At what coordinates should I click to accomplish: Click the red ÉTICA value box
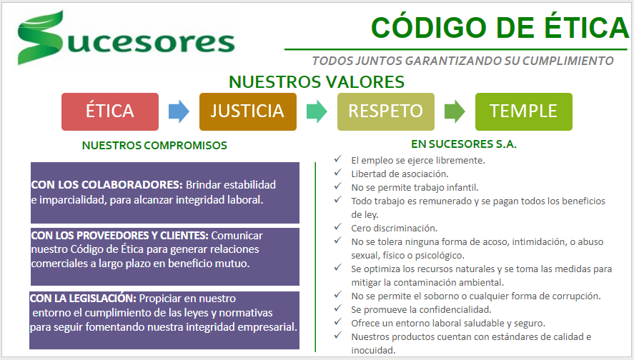click(110, 111)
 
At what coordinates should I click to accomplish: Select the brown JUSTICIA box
click(248, 111)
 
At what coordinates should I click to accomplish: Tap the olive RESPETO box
click(386, 111)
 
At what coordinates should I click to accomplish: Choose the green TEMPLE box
click(524, 111)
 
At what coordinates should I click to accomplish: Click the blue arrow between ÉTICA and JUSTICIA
click(179, 111)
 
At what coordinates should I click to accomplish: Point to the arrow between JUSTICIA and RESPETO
click(317, 111)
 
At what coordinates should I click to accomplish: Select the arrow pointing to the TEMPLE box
click(455, 111)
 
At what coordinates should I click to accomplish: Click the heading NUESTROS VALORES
click(317, 82)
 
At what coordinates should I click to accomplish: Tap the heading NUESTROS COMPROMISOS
click(154, 146)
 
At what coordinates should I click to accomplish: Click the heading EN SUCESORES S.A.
click(464, 144)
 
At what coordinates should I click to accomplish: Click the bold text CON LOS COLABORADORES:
click(107, 185)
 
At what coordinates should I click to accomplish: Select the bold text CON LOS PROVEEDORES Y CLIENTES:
click(119, 236)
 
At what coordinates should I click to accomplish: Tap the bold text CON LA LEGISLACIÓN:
click(83, 299)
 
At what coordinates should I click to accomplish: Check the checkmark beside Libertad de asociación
click(338, 173)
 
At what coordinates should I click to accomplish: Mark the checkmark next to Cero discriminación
click(338, 226)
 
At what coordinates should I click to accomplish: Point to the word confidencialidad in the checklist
click(455, 310)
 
